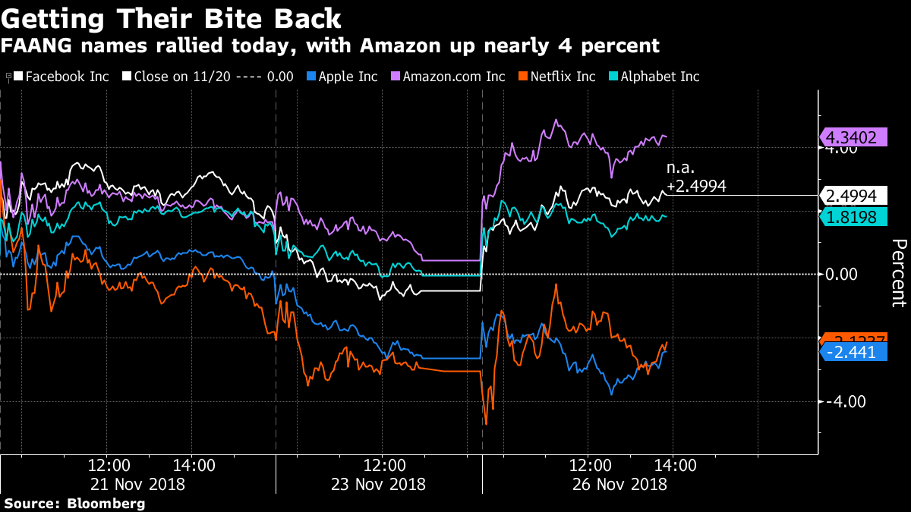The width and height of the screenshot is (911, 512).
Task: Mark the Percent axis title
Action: [x=899, y=273]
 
